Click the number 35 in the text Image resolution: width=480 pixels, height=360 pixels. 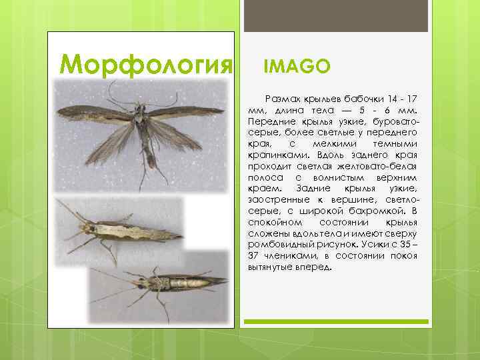tap(407, 245)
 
